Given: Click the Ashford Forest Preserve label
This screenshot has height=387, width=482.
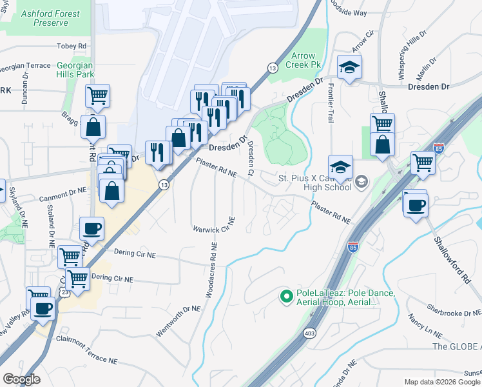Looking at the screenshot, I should click(x=50, y=18).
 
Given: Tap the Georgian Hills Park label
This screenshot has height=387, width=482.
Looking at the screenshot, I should click(x=75, y=70).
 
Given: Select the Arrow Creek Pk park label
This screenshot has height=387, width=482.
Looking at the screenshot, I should click(x=306, y=61).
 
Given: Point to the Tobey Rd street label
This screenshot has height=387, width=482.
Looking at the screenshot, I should click(x=71, y=46).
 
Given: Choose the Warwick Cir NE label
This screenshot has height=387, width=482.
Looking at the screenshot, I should click(x=214, y=228).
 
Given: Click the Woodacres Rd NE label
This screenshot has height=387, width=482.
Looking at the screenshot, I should click(x=210, y=270).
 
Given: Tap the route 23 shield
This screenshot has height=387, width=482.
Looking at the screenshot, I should click(x=65, y=292).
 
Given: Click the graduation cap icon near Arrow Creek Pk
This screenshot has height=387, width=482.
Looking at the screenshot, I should click(x=349, y=67).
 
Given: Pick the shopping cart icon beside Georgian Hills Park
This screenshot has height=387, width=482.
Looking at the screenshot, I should click(x=97, y=96).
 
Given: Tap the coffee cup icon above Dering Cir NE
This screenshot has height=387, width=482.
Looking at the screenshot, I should click(x=92, y=229).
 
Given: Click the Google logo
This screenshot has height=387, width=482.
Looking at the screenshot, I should click(x=21, y=379).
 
